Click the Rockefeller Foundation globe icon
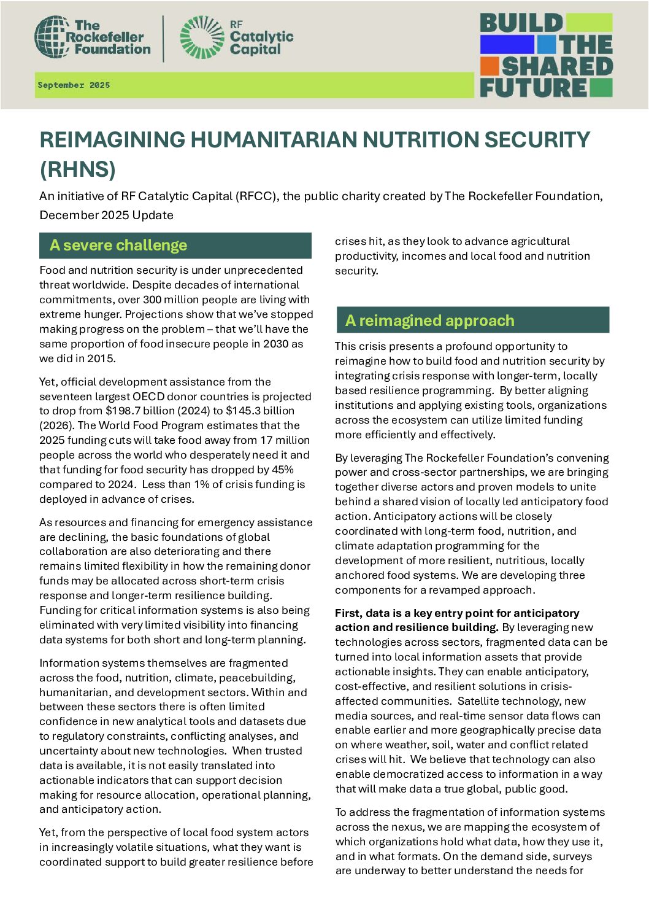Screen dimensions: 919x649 52,37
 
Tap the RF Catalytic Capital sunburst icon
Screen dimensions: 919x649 202,37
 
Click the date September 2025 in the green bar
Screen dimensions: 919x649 74,85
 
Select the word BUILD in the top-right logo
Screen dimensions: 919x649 521,23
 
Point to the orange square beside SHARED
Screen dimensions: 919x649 489,66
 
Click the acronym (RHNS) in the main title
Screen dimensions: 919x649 78,169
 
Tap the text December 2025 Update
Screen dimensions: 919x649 106,215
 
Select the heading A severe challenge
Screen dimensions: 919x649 118,246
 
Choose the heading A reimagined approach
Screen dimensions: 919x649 429,320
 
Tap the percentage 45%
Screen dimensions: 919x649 282,470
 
